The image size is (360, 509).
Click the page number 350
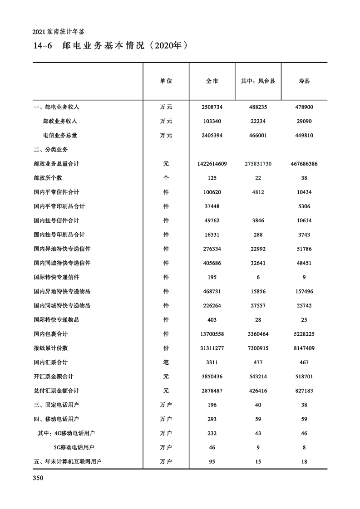tap(38, 478)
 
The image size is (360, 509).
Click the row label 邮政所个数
tap(48, 178)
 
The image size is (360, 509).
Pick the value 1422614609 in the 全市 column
tap(212, 164)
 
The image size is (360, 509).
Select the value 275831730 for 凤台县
tap(258, 164)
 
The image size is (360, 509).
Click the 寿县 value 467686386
tap(304, 164)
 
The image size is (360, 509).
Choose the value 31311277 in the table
tap(212, 348)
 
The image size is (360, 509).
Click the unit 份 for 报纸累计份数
tap(166, 348)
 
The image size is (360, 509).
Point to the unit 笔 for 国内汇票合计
tap(166, 362)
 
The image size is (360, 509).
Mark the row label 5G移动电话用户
tap(77, 447)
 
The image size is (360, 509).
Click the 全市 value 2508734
tap(212, 107)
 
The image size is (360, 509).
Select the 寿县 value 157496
tap(304, 291)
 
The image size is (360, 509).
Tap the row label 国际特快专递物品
tap(56, 320)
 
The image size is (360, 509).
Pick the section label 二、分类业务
tap(50, 149)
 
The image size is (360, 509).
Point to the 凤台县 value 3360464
tap(258, 334)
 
